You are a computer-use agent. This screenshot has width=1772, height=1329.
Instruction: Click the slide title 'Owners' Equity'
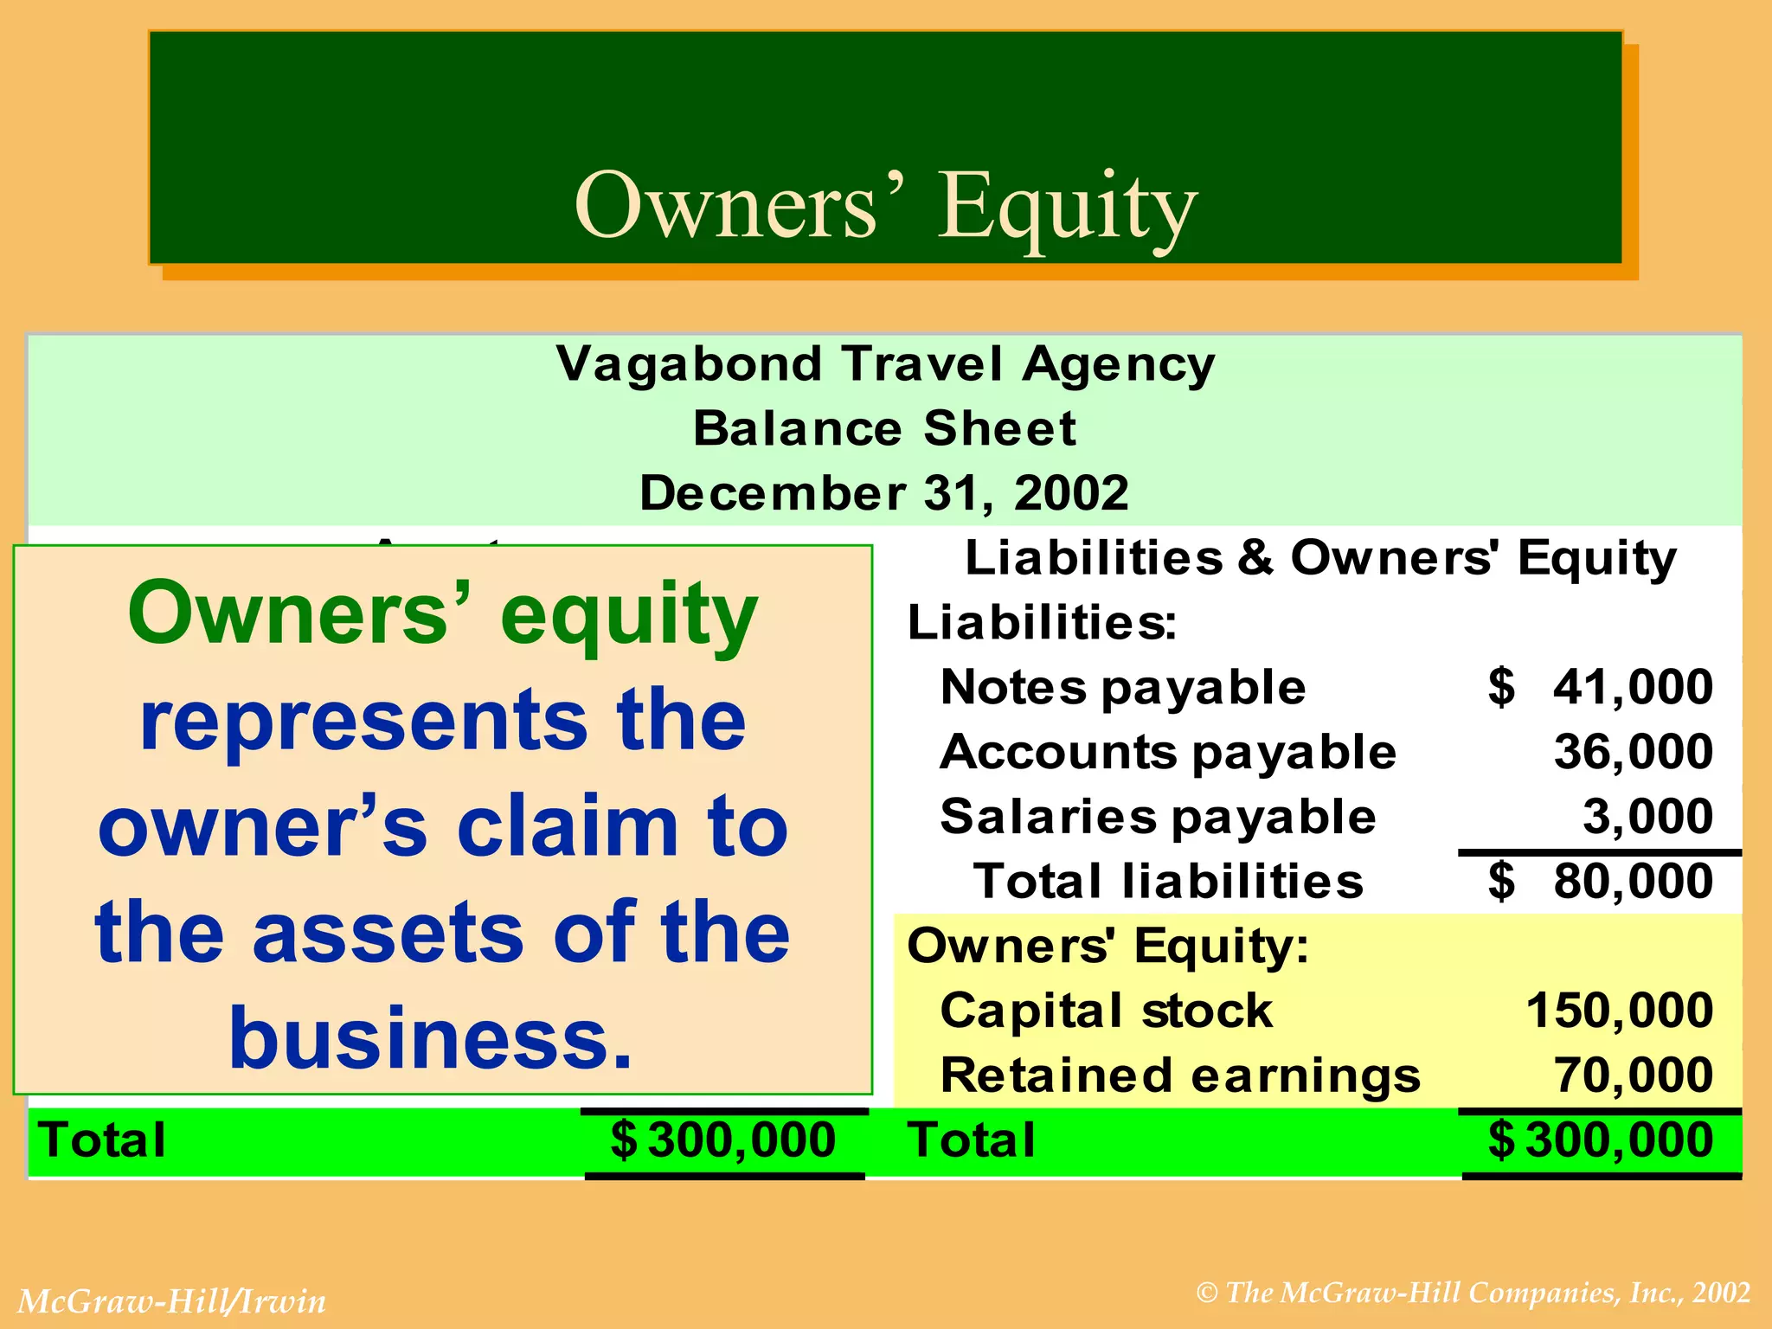[885, 206]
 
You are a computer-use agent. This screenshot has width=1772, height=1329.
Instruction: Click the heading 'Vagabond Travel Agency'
[885, 364]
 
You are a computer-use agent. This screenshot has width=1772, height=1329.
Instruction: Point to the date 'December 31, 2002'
[884, 493]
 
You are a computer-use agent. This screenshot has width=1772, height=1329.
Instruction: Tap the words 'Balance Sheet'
[884, 428]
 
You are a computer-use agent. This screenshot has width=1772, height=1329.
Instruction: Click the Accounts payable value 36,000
[1633, 751]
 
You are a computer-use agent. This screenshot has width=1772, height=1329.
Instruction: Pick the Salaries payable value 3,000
[1647, 816]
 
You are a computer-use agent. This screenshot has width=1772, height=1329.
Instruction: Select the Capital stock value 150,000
[1619, 1010]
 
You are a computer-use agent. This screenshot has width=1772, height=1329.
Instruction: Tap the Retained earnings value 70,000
[1633, 1075]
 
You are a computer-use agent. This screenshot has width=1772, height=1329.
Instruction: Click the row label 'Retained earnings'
[1180, 1075]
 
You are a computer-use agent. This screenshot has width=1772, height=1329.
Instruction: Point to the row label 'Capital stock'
[1106, 1011]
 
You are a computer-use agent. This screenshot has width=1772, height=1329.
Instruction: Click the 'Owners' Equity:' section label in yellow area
[1107, 946]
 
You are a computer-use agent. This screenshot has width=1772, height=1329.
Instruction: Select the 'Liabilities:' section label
[1042, 622]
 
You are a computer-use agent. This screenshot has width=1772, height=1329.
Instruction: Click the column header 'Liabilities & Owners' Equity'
[1320, 557]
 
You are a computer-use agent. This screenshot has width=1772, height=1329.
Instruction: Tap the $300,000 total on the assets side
[723, 1140]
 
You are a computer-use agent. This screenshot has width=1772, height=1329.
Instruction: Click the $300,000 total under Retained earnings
[1601, 1140]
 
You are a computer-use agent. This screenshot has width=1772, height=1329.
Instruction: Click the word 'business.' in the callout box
[430, 1037]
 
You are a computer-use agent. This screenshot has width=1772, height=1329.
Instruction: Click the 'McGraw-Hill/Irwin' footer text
[172, 1301]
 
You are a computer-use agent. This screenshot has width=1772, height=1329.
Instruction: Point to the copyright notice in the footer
[1473, 1293]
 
